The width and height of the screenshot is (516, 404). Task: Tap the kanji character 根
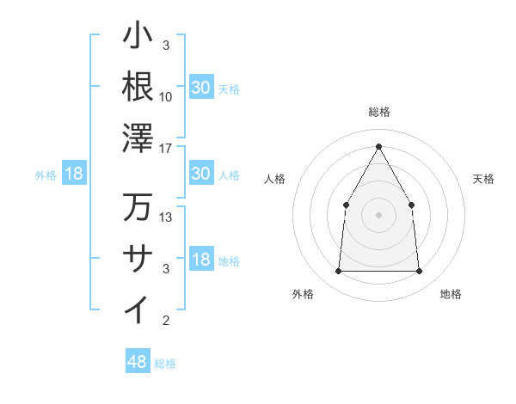tap(138, 86)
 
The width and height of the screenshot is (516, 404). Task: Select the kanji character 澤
tap(138, 138)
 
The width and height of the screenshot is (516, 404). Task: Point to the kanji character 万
tap(138, 207)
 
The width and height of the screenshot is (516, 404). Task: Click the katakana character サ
tap(138, 258)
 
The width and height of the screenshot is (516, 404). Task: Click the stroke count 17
tap(166, 148)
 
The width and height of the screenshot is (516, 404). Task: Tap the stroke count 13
tap(166, 217)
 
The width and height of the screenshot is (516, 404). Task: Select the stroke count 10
tap(166, 96)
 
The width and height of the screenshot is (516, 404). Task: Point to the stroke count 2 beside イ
tap(166, 321)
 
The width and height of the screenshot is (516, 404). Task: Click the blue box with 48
tap(138, 362)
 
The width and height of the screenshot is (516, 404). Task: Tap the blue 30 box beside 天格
tap(201, 87)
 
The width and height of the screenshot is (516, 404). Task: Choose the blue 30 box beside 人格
tap(201, 174)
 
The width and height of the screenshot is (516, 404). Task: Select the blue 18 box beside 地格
tap(201, 260)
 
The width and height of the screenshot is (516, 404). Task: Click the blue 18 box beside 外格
tap(74, 174)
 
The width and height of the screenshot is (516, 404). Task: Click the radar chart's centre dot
tap(378, 215)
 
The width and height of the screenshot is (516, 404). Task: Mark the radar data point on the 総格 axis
tap(378, 145)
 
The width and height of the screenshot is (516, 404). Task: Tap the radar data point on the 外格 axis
tap(338, 271)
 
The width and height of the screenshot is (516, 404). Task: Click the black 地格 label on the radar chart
tap(451, 294)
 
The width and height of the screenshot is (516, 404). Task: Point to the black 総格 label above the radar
tap(378, 112)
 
